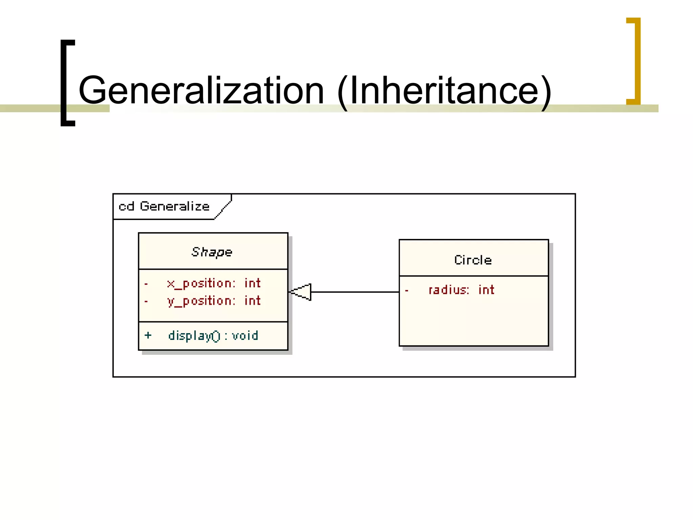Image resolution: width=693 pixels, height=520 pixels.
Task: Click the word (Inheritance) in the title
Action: click(x=444, y=90)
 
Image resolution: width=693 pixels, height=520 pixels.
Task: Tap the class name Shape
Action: click(x=212, y=252)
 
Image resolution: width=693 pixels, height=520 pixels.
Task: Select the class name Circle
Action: click(x=473, y=260)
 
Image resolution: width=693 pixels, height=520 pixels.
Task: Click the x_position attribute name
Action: click(x=201, y=283)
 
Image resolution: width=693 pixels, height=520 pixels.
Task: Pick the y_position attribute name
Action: click(x=201, y=301)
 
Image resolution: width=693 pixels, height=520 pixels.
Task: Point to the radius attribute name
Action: click(x=449, y=290)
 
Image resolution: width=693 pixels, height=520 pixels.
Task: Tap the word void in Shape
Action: click(x=245, y=335)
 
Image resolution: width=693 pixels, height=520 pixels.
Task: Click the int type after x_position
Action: click(x=252, y=283)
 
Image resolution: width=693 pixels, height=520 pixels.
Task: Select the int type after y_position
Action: click(x=252, y=301)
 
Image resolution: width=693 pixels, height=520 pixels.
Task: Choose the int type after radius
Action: click(x=486, y=290)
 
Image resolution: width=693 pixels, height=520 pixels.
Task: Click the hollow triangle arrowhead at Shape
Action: click(x=301, y=292)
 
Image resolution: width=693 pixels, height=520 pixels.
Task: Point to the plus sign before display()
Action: click(x=148, y=335)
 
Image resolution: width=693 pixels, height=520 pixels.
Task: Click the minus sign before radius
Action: click(x=407, y=290)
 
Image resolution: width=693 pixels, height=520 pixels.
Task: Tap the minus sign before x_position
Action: click(x=146, y=284)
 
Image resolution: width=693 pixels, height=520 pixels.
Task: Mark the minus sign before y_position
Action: click(x=146, y=301)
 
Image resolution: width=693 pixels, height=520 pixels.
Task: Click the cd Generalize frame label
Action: click(x=164, y=206)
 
